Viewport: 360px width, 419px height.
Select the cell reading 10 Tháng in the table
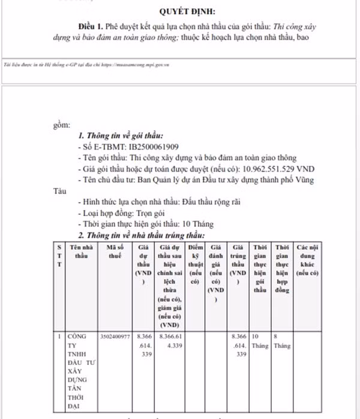point(260,342)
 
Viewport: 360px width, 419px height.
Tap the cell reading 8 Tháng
point(281,342)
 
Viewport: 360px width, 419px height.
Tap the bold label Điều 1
point(91,28)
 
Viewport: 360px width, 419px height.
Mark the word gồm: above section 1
point(62,125)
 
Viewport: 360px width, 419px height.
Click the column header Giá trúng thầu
point(238,264)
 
